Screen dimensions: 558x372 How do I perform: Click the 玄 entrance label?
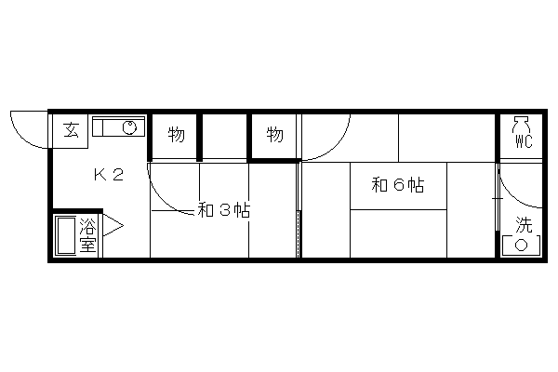pyautogui.click(x=72, y=130)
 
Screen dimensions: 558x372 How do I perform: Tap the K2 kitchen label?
pyautogui.click(x=109, y=175)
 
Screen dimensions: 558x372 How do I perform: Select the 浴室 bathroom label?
pyautogui.click(x=88, y=234)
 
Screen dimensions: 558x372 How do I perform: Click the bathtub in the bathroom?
pyautogui.click(x=66, y=235)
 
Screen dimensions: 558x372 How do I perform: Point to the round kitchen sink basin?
pyautogui.click(x=129, y=127)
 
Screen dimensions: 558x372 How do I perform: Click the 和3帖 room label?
pyautogui.click(x=224, y=210)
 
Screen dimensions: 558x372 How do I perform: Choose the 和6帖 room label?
pyautogui.click(x=398, y=185)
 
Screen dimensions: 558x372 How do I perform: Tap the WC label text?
pyautogui.click(x=524, y=142)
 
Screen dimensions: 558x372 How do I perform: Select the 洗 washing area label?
pyautogui.click(x=524, y=225)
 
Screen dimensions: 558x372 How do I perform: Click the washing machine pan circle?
pyautogui.click(x=522, y=245)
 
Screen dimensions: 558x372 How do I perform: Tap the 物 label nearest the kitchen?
pyautogui.click(x=176, y=135)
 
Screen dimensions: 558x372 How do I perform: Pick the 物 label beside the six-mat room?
pyautogui.click(x=274, y=135)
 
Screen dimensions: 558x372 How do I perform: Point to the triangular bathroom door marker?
pyautogui.click(x=113, y=225)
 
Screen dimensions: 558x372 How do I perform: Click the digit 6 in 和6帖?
pyautogui.click(x=398, y=185)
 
